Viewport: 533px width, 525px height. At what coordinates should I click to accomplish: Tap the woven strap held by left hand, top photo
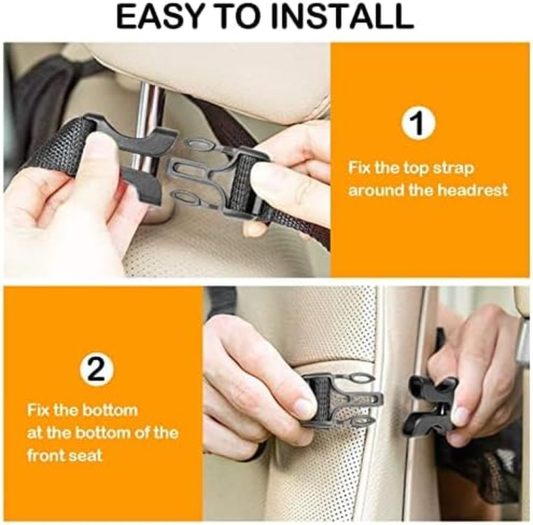click(59, 148)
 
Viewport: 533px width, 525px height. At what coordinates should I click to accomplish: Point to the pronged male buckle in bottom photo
click(341, 400)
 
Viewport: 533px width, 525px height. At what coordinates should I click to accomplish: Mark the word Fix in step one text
click(359, 168)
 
